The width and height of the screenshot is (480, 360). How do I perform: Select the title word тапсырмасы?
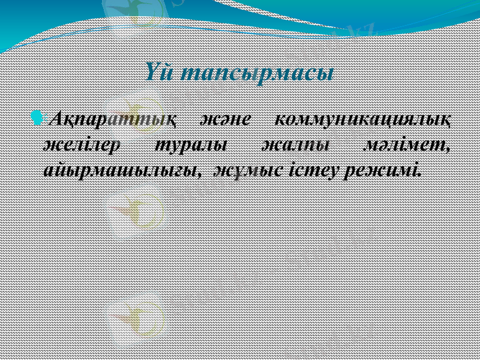coord(257,76)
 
